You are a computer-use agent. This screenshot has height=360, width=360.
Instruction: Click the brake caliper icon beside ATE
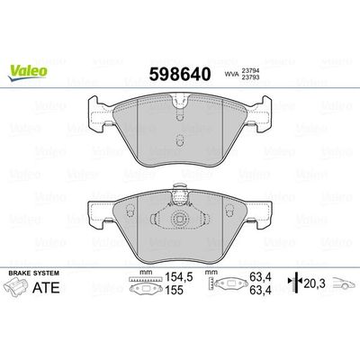[25, 290]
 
